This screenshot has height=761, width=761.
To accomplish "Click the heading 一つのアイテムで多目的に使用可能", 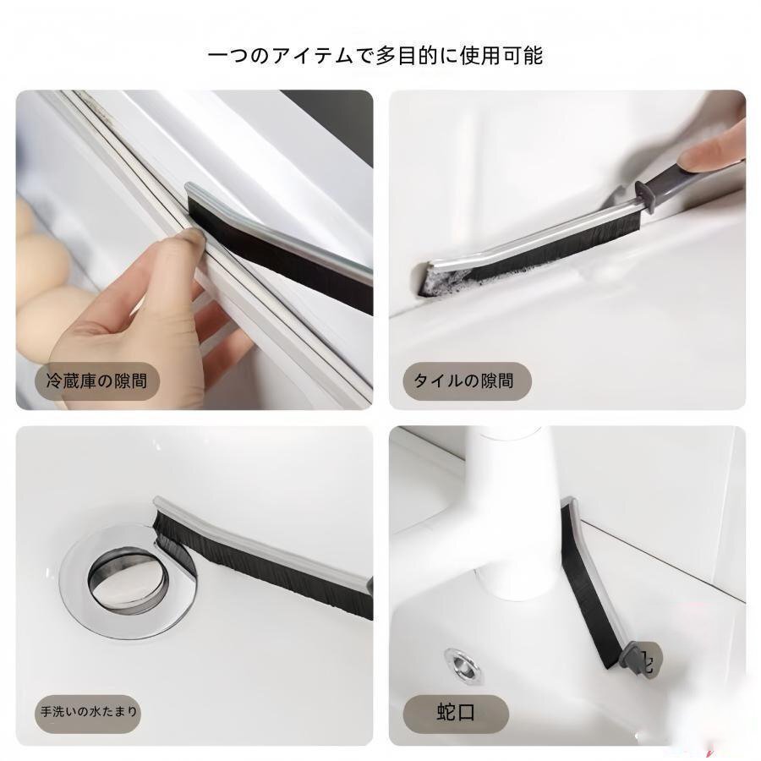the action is coord(375,55).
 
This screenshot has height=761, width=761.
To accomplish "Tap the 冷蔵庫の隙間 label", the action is coord(96,381).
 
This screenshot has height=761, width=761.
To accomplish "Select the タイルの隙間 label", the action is coord(463,380).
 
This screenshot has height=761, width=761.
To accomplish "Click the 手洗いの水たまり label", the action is coord(89,711).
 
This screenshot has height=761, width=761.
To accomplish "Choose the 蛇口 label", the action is coord(456,713).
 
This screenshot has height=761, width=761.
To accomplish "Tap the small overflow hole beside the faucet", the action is coord(463,665).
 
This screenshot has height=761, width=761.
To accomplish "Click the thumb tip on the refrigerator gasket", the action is coord(193,237).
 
